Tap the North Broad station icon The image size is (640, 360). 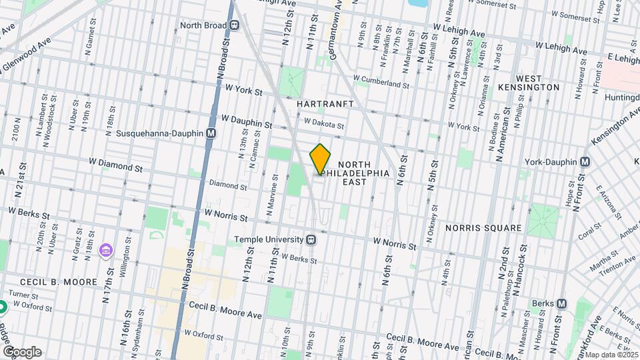click(x=235, y=25)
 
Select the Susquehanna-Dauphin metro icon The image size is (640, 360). click(x=211, y=133)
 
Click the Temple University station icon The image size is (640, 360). click(x=311, y=239)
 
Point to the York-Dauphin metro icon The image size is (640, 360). click(x=585, y=161)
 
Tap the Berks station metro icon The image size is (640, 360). click(x=561, y=304)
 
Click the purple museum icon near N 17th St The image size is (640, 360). click(x=105, y=251)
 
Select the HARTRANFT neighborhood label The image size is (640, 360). click(x=325, y=105)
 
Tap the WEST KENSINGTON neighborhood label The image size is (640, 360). click(x=528, y=82)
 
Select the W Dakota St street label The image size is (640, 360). click(x=323, y=124)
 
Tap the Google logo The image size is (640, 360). click(x=21, y=351)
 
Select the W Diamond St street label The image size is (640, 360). click(x=116, y=164)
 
